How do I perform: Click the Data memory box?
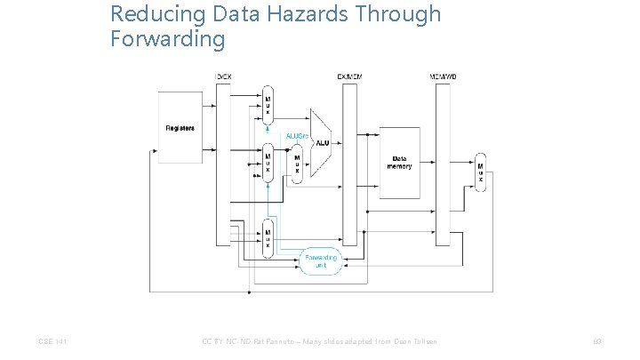(x=399, y=163)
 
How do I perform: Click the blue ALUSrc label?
(x=297, y=136)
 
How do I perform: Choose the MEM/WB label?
(x=442, y=77)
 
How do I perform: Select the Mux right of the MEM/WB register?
(x=481, y=171)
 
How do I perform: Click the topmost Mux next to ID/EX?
(x=267, y=106)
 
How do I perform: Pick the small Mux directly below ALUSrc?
(x=297, y=164)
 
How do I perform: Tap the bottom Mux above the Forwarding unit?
(x=267, y=237)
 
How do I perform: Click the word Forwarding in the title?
(x=168, y=39)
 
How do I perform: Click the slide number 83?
(x=596, y=341)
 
